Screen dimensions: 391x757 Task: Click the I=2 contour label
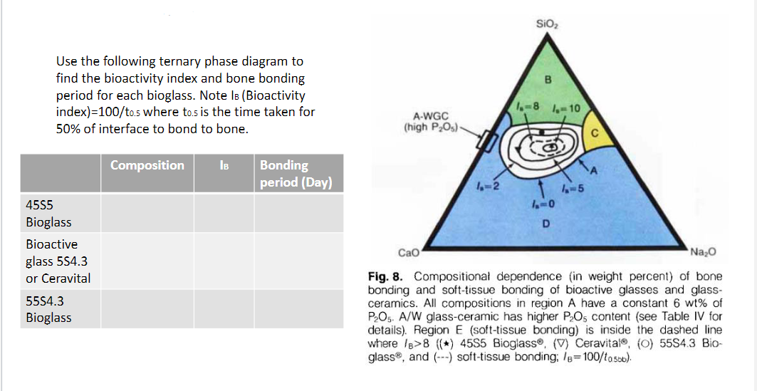[488, 187]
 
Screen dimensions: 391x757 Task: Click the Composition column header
[147, 165]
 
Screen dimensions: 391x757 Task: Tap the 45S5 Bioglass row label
[48, 213]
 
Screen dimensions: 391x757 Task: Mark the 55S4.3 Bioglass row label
[48, 309]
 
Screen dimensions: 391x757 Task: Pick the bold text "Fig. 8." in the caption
[387, 276]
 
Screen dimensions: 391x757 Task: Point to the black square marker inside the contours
[543, 132]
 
